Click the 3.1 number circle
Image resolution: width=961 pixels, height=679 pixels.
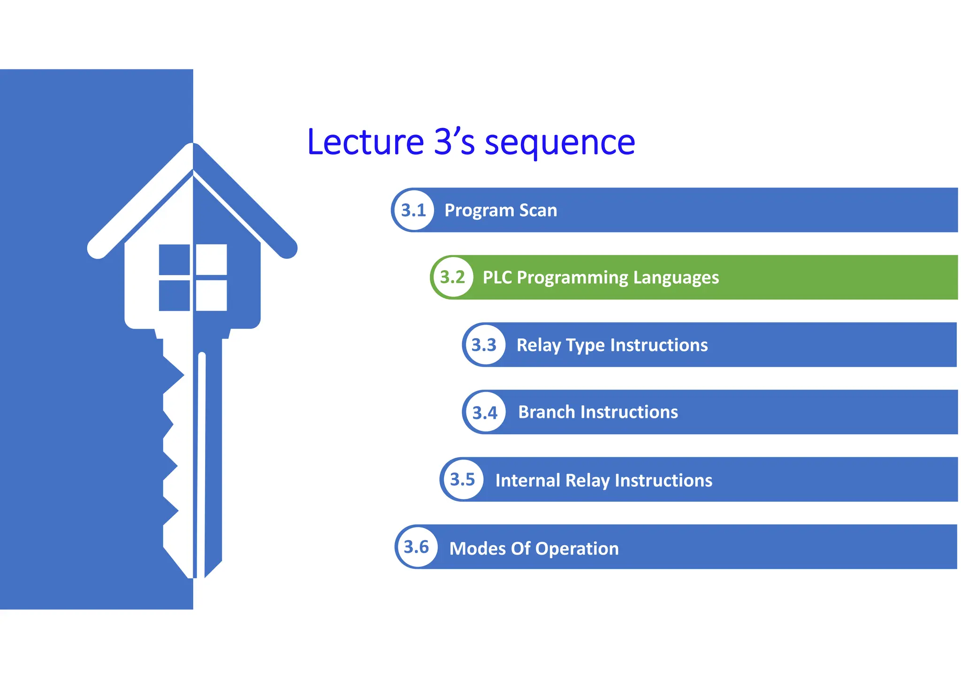(x=413, y=210)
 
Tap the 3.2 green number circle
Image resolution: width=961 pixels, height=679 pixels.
(x=452, y=277)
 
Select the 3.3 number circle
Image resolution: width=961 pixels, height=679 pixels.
(x=484, y=345)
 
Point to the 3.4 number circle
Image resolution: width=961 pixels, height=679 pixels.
(x=485, y=412)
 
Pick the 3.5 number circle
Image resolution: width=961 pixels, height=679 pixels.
(x=463, y=479)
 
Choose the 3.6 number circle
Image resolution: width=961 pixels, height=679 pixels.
(x=417, y=547)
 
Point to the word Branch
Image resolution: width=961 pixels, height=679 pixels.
(x=546, y=412)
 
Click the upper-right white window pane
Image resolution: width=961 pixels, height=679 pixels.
(x=211, y=259)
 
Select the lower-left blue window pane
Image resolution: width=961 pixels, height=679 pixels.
(x=174, y=295)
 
